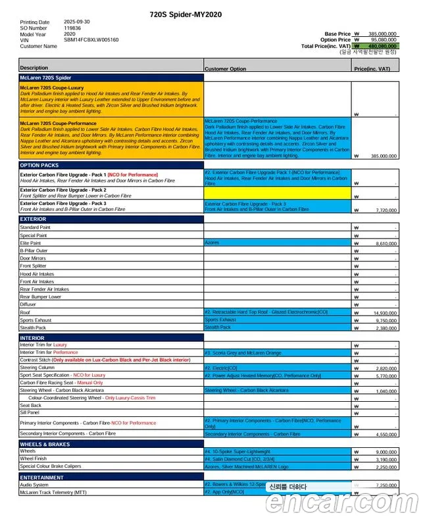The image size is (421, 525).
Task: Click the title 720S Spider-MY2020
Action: pos(186,14)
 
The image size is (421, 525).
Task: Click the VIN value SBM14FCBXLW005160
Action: pos(91,40)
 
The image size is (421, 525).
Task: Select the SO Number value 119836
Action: pos(72,28)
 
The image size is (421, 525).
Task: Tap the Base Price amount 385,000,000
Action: pos(382,34)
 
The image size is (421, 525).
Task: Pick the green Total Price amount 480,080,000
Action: pos(382,46)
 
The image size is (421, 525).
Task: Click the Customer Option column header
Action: pos(226,69)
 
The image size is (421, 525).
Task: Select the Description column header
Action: pos(34,68)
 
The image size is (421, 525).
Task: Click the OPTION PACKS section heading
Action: pos(39,165)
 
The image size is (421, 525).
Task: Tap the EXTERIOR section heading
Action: pos(34,219)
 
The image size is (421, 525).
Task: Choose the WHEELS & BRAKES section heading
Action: pos(45,444)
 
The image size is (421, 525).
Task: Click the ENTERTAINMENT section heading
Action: pos(42,477)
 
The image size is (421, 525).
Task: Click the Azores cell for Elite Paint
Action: pos(212,243)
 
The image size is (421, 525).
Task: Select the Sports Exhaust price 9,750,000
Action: pos(382,321)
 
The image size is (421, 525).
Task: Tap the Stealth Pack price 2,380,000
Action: pos(382,328)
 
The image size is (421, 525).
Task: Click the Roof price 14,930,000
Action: pos(382,313)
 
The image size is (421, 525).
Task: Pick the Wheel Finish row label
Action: pos(34,459)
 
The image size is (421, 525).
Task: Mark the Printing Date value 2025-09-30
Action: pos(77,22)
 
